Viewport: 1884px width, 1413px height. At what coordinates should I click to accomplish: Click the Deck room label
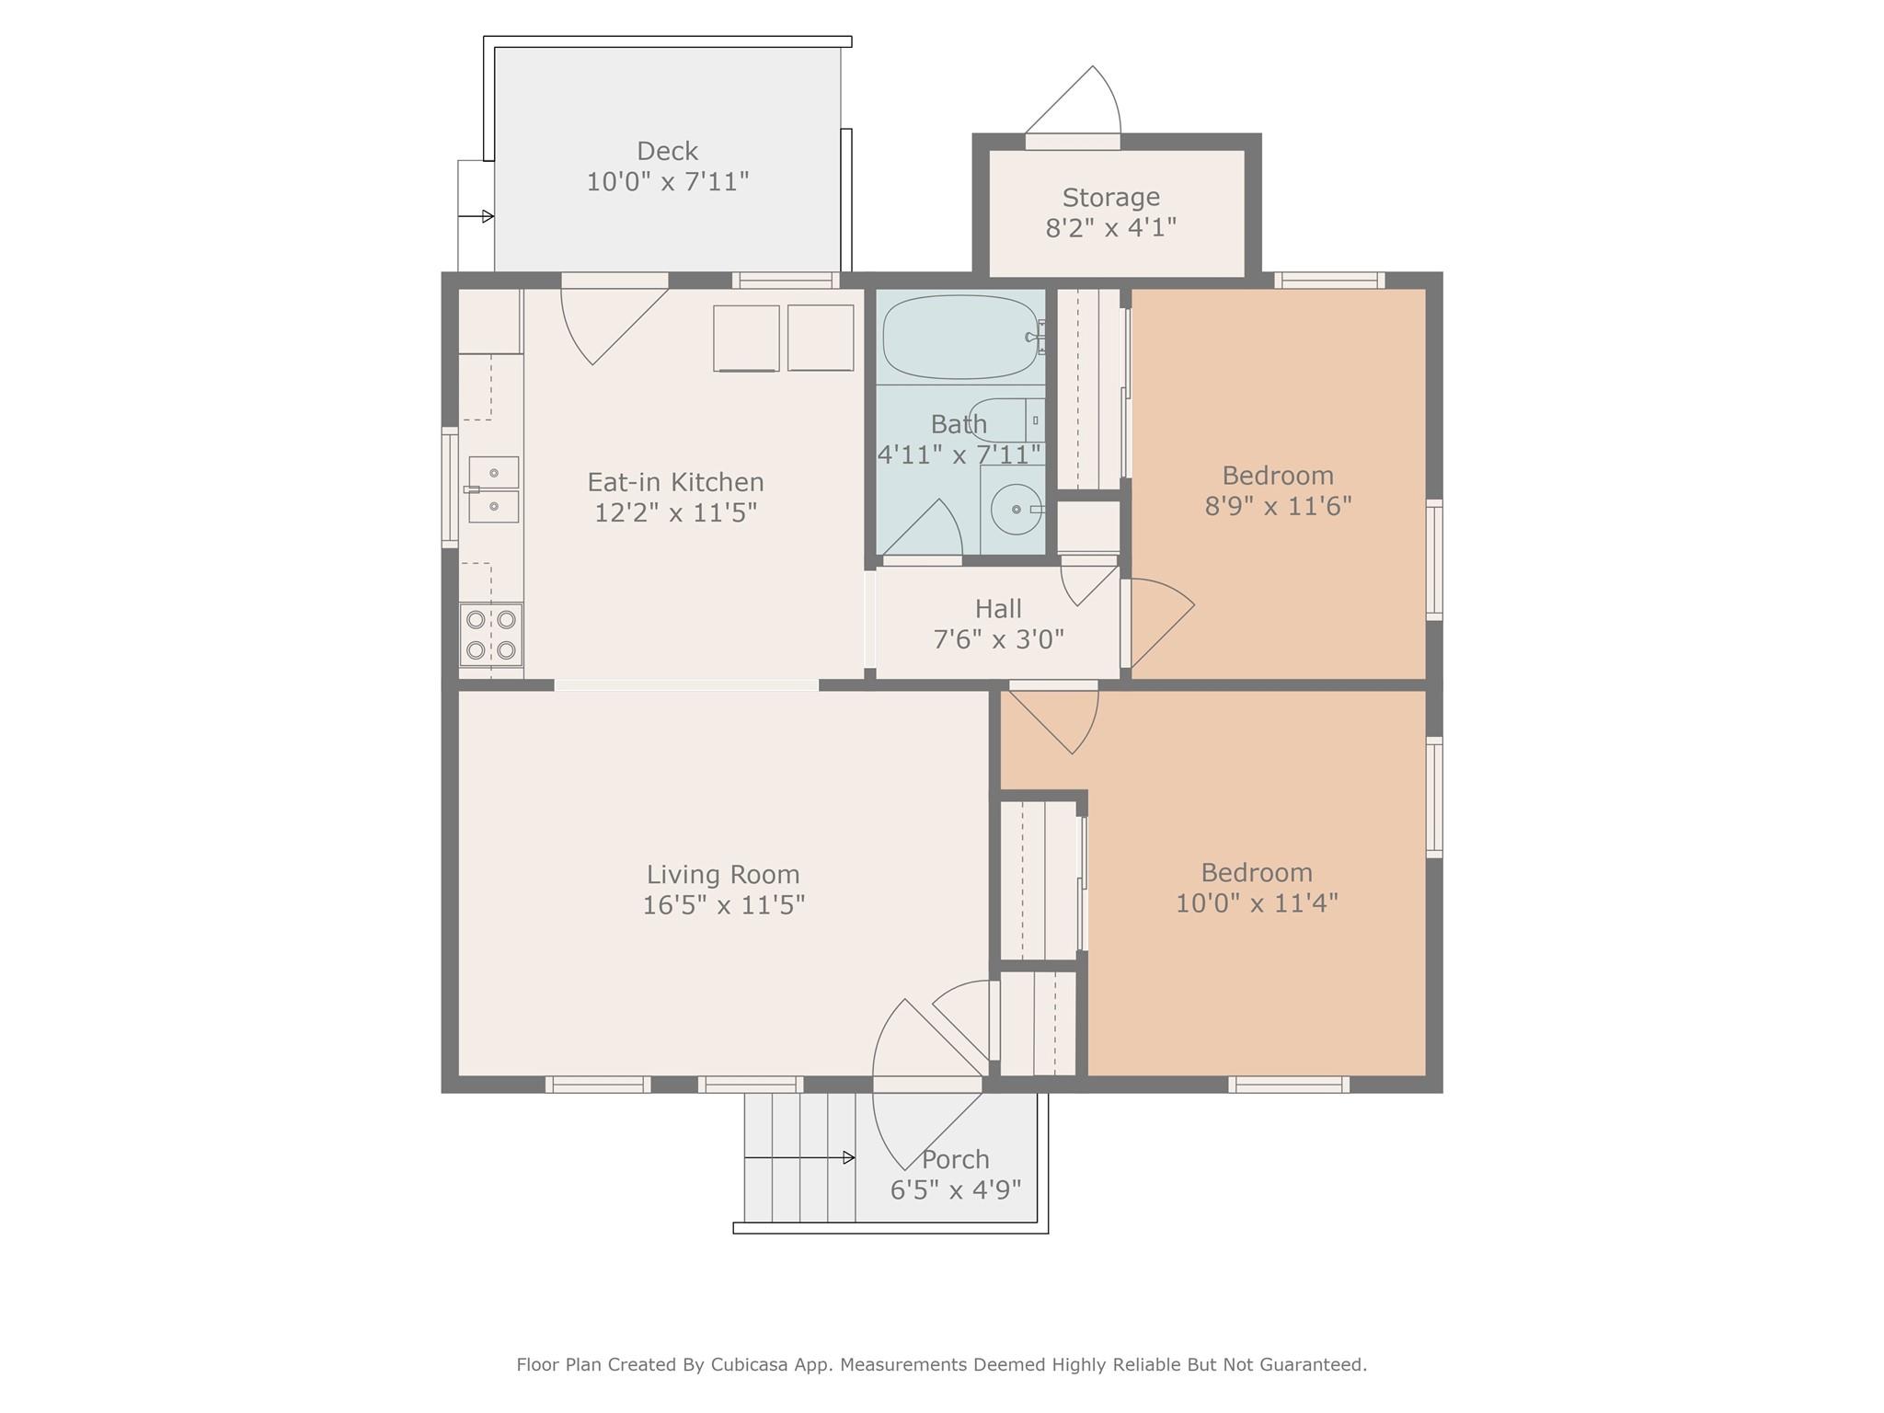click(x=667, y=151)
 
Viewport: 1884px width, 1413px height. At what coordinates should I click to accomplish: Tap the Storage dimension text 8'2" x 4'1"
click(x=1110, y=227)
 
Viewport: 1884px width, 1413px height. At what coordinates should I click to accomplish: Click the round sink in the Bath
click(x=1016, y=509)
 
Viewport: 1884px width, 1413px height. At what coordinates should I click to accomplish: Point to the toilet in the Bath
click(x=1007, y=420)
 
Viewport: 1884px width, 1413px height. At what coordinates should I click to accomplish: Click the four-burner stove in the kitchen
click(x=491, y=635)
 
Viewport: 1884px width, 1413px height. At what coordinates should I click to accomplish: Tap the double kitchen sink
click(x=493, y=489)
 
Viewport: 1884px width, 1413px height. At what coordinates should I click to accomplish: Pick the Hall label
click(x=998, y=609)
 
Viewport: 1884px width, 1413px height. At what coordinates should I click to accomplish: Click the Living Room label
click(x=723, y=874)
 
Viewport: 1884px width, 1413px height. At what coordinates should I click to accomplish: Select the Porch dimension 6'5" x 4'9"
click(x=956, y=1190)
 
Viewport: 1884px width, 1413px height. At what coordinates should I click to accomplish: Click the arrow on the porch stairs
click(x=799, y=1157)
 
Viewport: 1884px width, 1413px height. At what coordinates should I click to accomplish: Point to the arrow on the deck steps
click(x=476, y=217)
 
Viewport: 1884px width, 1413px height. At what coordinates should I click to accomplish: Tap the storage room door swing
click(x=1073, y=100)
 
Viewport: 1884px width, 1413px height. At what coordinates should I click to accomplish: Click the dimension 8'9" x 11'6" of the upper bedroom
click(x=1278, y=506)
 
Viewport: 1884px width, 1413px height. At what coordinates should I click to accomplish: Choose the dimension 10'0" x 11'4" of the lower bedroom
click(x=1257, y=902)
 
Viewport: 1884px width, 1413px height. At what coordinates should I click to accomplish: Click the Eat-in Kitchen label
click(x=675, y=482)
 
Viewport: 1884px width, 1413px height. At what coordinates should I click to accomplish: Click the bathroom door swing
click(x=922, y=528)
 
